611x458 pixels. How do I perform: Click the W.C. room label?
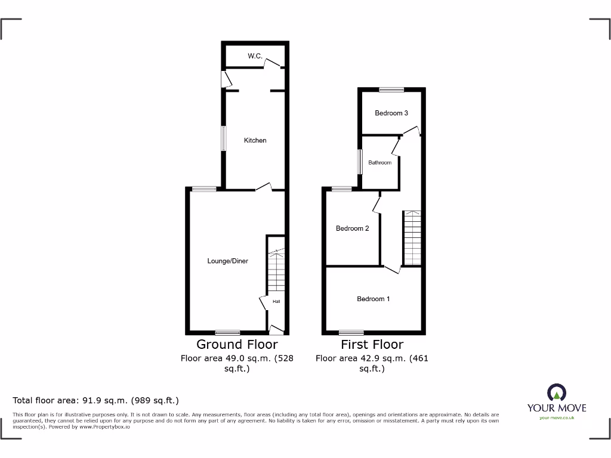point(255,56)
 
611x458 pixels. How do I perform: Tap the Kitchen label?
point(255,140)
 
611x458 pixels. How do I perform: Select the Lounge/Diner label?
point(227,261)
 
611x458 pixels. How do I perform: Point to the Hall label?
point(276,302)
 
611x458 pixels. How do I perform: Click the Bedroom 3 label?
point(391,113)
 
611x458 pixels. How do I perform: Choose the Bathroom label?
point(379,162)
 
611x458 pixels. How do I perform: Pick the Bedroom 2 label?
point(352,228)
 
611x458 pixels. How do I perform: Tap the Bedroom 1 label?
point(374,299)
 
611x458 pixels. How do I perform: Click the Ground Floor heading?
point(237,344)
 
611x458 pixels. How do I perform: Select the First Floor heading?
point(372,344)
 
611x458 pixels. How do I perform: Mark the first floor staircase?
point(412,238)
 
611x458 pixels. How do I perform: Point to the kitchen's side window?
point(224,138)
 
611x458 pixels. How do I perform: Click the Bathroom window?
point(360,162)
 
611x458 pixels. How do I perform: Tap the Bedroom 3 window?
point(391,90)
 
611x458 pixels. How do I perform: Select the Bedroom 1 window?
point(351,332)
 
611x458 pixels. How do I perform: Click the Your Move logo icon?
point(556,392)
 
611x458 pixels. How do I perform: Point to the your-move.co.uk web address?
point(556,417)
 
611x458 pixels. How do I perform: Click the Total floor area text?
point(96,401)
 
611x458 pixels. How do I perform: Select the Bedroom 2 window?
point(341,189)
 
